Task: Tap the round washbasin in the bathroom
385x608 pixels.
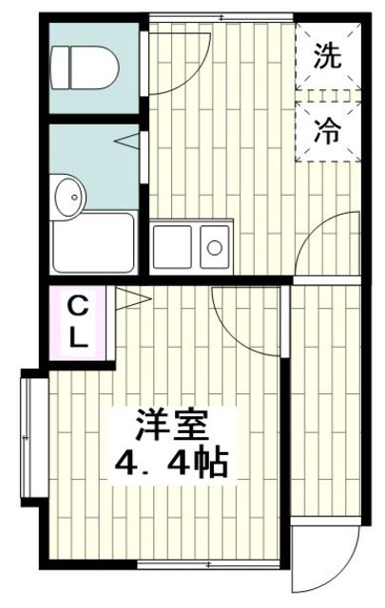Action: tap(68, 197)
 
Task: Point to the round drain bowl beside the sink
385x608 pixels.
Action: tap(215, 249)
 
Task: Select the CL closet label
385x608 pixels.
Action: tap(79, 322)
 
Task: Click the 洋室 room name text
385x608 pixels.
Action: tap(171, 423)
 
